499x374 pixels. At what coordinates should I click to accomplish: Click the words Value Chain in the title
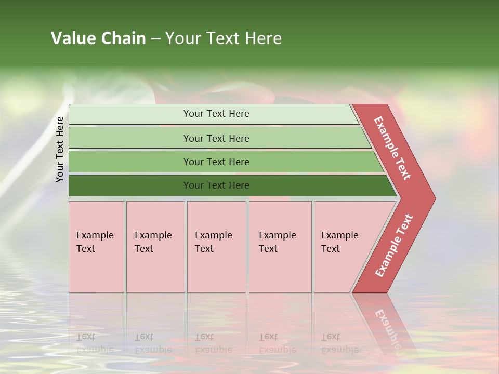tap(98, 38)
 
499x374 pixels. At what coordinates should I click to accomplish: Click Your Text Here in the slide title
tap(224, 38)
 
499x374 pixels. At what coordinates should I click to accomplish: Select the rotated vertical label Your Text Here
tap(60, 150)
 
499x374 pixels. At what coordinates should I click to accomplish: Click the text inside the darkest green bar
tap(216, 185)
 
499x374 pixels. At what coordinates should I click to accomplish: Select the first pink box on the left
tap(96, 247)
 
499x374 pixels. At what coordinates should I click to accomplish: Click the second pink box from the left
tap(155, 247)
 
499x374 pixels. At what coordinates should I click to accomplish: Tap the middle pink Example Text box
tap(216, 247)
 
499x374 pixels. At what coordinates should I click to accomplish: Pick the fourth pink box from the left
tap(280, 247)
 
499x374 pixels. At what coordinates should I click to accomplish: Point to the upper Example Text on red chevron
tap(393, 148)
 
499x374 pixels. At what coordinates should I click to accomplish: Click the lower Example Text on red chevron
tap(393, 246)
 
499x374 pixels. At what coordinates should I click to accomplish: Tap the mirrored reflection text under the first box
tap(95, 343)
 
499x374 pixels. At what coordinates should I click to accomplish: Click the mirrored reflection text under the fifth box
tap(339, 343)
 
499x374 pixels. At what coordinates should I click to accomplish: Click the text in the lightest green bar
tap(216, 114)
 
